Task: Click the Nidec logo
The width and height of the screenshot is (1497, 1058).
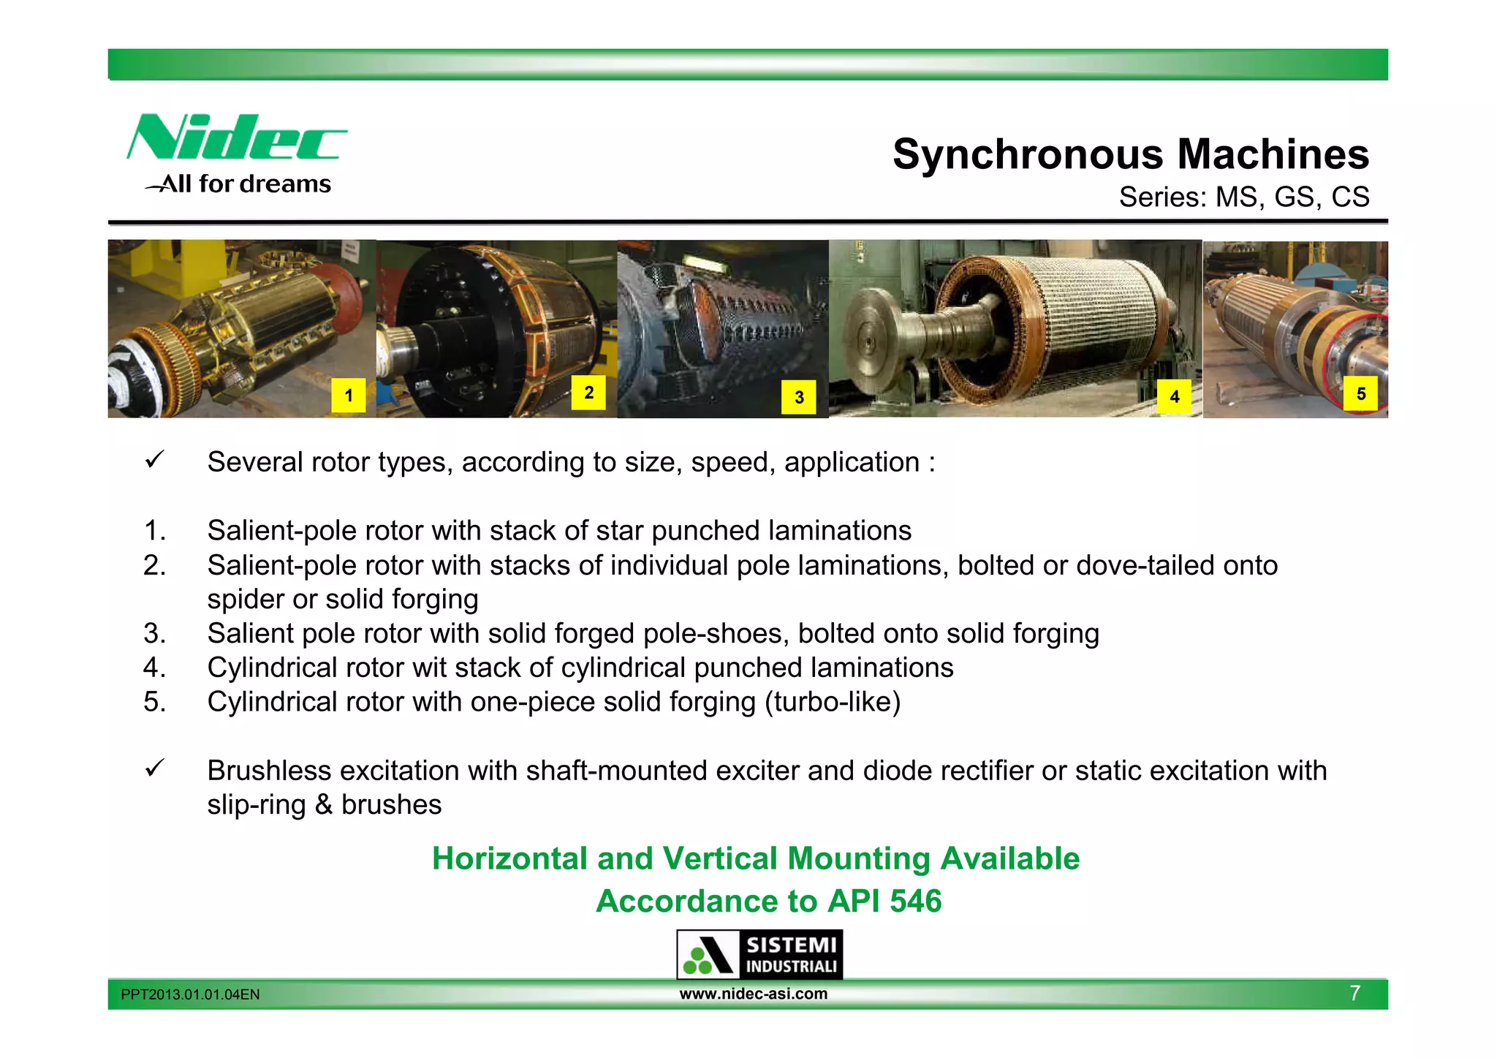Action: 236,137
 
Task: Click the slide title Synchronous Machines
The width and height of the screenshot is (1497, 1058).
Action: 1130,154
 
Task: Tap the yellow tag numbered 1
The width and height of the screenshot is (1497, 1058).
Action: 349,396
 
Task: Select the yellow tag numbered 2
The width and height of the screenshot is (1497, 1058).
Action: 588,393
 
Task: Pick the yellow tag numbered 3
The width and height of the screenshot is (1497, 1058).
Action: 799,397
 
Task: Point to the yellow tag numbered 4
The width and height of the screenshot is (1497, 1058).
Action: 1175,397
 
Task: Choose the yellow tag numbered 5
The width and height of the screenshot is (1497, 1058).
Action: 1361,394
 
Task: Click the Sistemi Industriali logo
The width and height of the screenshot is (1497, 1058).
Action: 759,954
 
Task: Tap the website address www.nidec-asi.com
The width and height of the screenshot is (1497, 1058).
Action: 754,994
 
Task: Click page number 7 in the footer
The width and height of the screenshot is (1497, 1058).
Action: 1354,993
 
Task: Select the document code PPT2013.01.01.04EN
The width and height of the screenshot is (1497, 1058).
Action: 190,994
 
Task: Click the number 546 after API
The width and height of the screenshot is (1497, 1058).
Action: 916,901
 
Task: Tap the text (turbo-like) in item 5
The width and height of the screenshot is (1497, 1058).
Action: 833,702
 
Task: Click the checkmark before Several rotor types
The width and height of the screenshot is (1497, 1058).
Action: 154,461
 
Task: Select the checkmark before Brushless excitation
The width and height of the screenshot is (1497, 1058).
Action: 154,768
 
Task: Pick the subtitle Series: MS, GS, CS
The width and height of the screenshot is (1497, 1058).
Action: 1244,197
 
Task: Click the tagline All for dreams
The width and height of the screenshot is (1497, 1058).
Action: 246,184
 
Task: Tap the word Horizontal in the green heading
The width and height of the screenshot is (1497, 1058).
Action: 509,858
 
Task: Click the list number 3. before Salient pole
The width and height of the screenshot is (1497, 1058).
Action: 154,633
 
